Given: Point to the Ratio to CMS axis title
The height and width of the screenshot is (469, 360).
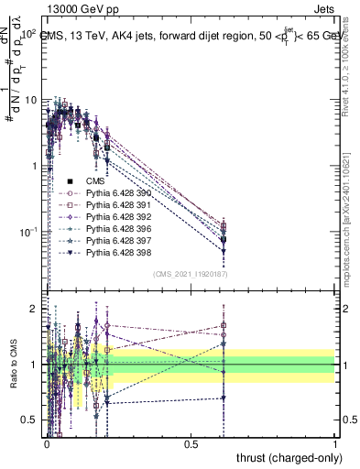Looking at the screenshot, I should (12, 376).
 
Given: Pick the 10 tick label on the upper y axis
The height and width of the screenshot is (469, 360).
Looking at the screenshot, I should (30, 99).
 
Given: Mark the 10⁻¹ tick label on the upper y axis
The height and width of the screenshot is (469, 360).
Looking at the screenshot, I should (27, 231).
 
